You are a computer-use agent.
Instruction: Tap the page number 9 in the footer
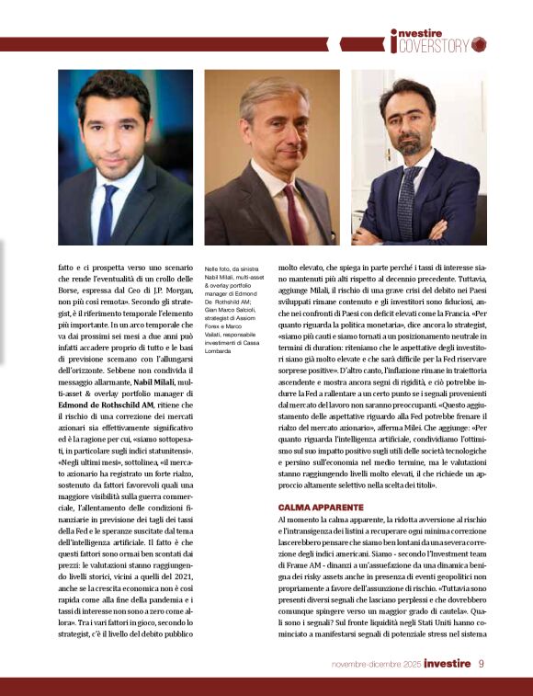(482, 664)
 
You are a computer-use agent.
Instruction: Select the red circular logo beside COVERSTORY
(478, 44)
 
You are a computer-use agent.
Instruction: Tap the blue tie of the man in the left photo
(108, 215)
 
